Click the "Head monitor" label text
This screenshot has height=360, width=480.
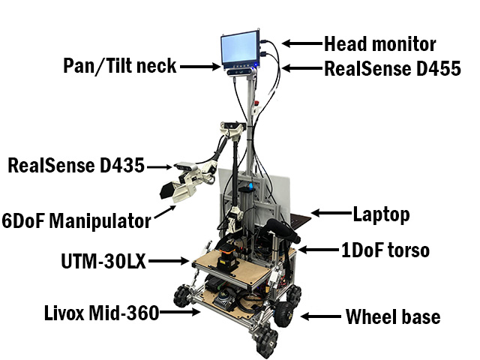[380, 44]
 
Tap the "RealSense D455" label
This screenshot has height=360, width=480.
[392, 68]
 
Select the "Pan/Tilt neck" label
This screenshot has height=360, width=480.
[120, 65]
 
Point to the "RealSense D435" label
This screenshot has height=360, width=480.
[76, 165]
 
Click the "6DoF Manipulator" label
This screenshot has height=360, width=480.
[76, 220]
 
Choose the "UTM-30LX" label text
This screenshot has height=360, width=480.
[103, 261]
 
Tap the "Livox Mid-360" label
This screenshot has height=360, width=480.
[102, 313]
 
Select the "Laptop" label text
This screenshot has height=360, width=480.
[381, 215]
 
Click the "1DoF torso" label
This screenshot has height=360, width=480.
[385, 250]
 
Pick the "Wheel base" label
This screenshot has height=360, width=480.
[393, 316]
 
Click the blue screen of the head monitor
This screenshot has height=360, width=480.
[239, 49]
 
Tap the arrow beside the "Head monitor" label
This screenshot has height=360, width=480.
[302, 43]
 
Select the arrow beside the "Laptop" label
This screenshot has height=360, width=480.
[331, 213]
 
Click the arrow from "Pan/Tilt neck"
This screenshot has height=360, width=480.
[200, 67]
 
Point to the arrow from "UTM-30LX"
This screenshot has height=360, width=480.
[169, 261]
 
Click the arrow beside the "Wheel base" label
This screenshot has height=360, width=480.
[320, 316]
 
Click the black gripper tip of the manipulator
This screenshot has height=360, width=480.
[167, 190]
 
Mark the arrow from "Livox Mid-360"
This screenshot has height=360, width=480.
[180, 312]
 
